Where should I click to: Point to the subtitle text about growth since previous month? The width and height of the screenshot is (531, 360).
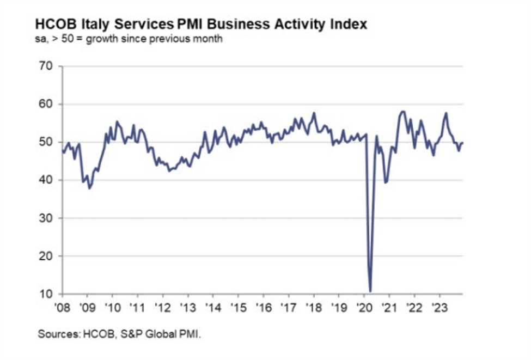[x=129, y=39]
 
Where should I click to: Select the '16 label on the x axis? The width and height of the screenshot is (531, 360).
[x=263, y=306]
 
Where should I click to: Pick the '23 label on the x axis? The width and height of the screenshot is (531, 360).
[x=440, y=306]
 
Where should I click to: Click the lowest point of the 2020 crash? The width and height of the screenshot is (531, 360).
[x=370, y=291]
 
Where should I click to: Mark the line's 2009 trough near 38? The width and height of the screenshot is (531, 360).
[x=89, y=188]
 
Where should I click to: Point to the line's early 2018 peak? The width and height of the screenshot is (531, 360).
[x=314, y=113]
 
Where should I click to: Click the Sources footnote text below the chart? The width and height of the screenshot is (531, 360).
[x=119, y=334]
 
